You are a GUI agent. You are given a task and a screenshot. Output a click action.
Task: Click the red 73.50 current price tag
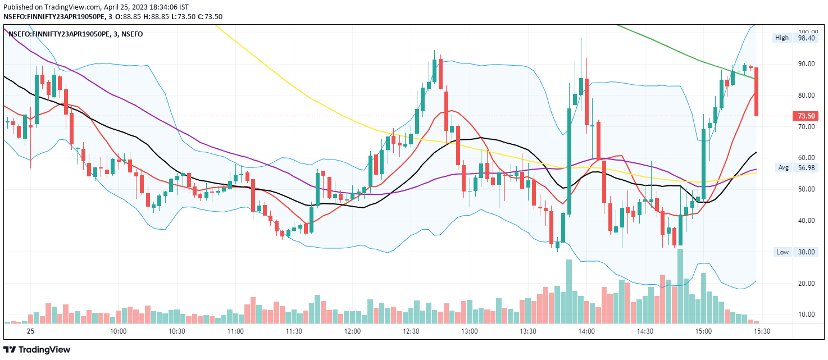(806, 116)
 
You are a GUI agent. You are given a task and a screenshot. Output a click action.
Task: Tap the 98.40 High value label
(806, 38)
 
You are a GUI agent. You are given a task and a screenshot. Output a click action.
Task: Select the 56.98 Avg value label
(806, 167)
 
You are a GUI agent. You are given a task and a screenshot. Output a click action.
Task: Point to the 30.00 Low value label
(806, 252)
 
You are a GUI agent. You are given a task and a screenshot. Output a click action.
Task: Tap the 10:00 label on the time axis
(118, 331)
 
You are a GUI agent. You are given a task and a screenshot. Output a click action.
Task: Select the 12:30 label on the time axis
(411, 331)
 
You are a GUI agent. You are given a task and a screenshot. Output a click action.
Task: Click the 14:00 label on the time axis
(586, 331)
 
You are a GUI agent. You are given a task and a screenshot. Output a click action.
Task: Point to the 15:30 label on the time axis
(762, 331)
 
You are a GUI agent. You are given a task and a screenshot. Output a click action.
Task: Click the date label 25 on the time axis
(30, 331)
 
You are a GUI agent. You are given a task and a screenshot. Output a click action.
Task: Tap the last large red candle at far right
(757, 92)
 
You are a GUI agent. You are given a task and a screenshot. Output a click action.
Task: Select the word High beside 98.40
(782, 38)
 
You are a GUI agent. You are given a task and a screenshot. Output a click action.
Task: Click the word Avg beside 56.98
(783, 167)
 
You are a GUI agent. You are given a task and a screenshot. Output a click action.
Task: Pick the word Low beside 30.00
(782, 252)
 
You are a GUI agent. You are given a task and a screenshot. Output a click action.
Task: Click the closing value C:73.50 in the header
(210, 16)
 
